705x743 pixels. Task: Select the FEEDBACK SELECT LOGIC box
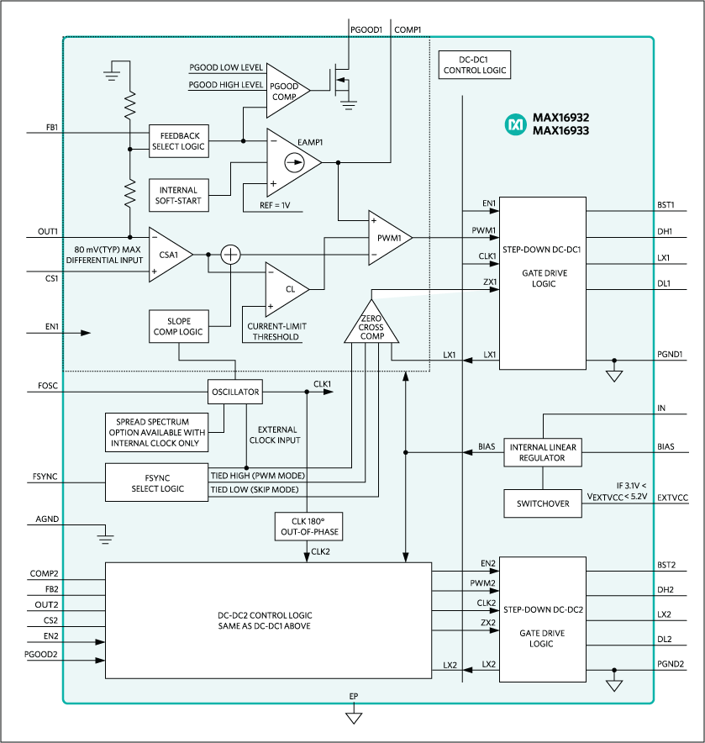(177, 140)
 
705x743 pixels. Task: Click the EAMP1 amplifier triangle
(292, 162)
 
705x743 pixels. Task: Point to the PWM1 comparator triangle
(388, 238)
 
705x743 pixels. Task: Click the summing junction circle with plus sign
(230, 254)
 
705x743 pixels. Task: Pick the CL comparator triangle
(286, 288)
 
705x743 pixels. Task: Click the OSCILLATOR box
(235, 392)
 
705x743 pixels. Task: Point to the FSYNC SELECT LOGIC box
(156, 482)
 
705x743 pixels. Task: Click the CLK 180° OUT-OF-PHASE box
(308, 527)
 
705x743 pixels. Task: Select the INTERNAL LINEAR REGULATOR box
(544, 452)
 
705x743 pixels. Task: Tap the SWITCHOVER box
(543, 503)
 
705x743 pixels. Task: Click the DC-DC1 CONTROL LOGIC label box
(475, 66)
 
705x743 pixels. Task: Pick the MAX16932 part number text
(560, 119)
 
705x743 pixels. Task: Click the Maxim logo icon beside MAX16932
(514, 124)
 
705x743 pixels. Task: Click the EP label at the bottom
(354, 698)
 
